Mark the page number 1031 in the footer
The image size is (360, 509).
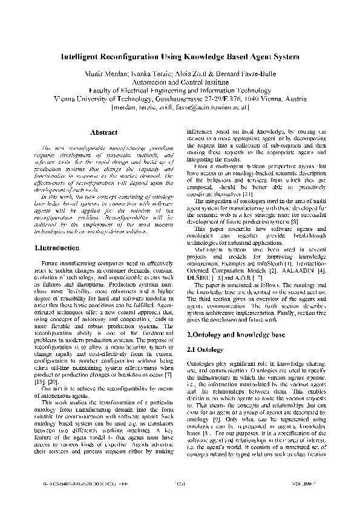180,501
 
